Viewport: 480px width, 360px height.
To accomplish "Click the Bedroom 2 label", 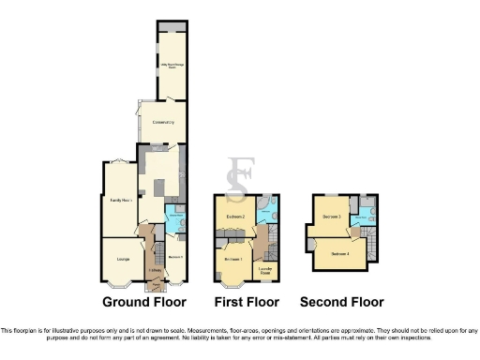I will click(x=234, y=217).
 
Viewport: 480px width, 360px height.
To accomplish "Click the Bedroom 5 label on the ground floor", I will click(x=173, y=257).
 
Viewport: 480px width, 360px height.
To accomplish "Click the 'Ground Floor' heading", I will click(x=145, y=302).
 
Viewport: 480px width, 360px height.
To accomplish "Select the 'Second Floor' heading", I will click(x=341, y=302).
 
